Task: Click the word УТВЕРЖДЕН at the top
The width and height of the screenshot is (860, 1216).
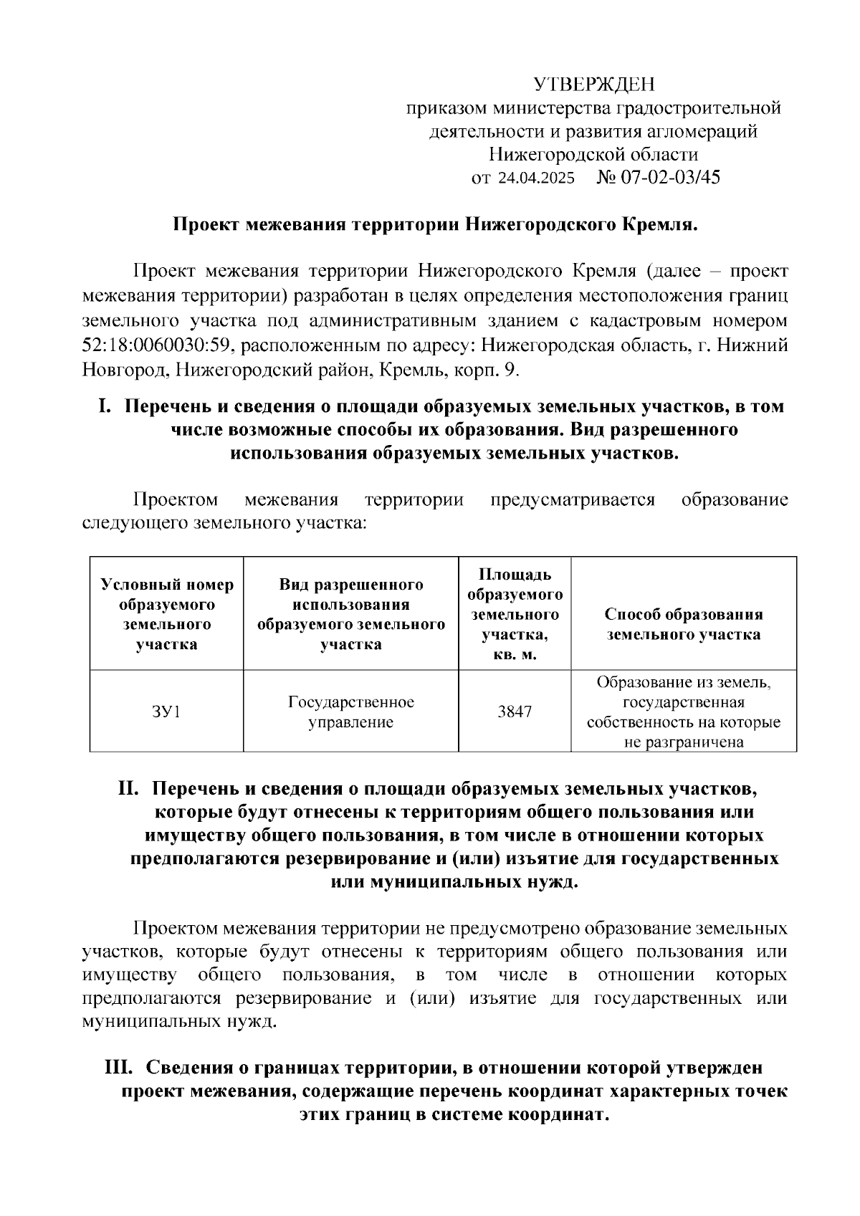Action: [x=594, y=85]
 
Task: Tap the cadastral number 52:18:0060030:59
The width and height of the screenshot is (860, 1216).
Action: [x=154, y=345]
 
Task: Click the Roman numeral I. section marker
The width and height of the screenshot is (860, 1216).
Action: [x=105, y=406]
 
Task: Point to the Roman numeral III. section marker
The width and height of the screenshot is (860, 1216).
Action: [x=119, y=1068]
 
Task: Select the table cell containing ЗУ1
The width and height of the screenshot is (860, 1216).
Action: [x=166, y=712]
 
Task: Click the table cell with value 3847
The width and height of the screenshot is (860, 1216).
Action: [x=515, y=712]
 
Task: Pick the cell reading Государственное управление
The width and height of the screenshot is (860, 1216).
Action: [x=350, y=712]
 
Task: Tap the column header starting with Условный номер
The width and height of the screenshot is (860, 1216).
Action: [x=166, y=614]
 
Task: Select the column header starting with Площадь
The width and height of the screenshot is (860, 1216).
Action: [x=515, y=614]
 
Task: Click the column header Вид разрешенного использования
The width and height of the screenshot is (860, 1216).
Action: [x=350, y=614]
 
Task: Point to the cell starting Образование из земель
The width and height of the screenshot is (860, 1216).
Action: [x=683, y=712]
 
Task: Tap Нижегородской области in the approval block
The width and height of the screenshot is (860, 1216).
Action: [x=593, y=155]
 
